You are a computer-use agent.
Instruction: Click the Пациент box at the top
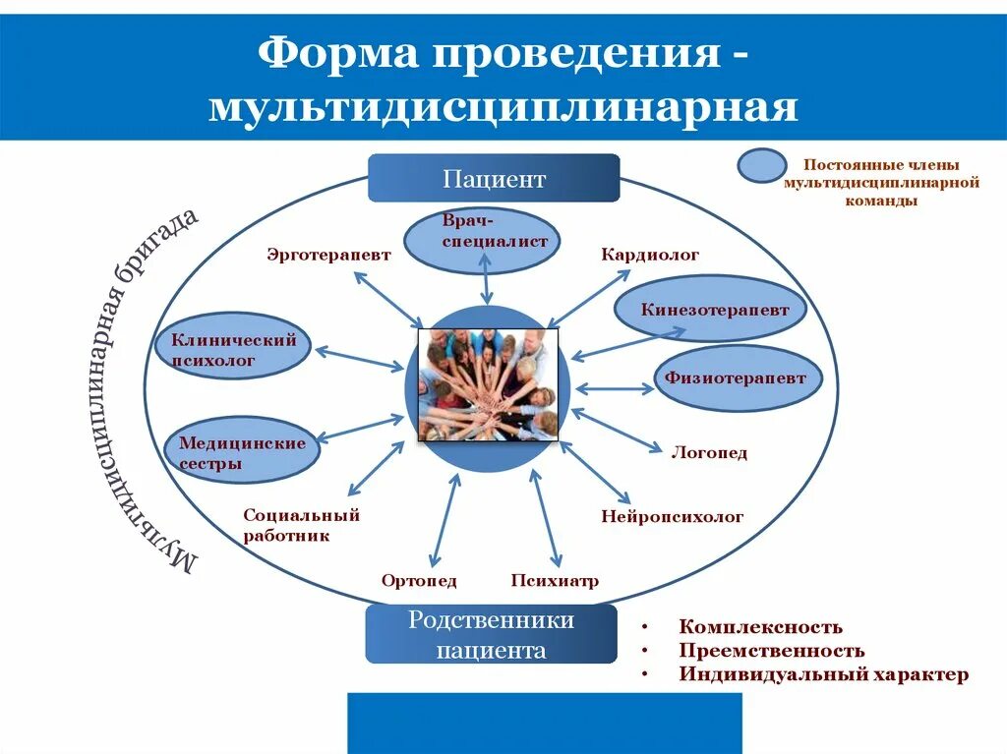[494, 179]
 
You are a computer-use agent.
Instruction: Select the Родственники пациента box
[491, 635]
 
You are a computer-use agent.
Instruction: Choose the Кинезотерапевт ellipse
[715, 310]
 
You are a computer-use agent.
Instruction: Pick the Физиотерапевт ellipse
[737, 377]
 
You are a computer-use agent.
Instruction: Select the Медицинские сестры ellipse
[242, 453]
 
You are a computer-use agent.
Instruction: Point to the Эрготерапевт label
[328, 255]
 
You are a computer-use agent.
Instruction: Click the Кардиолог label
[650, 255]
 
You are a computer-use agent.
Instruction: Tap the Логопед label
[709, 453]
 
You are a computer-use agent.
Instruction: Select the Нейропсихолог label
[672, 516]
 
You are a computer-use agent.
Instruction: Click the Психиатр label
[555, 581]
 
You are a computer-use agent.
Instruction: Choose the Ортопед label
[419, 581]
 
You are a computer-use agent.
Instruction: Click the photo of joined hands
[488, 384]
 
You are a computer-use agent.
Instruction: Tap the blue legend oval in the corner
[762, 166]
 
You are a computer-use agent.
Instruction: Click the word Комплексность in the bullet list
[760, 627]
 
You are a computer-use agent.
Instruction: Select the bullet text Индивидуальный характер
[823, 674]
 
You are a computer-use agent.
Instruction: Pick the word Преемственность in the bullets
[771, 651]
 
